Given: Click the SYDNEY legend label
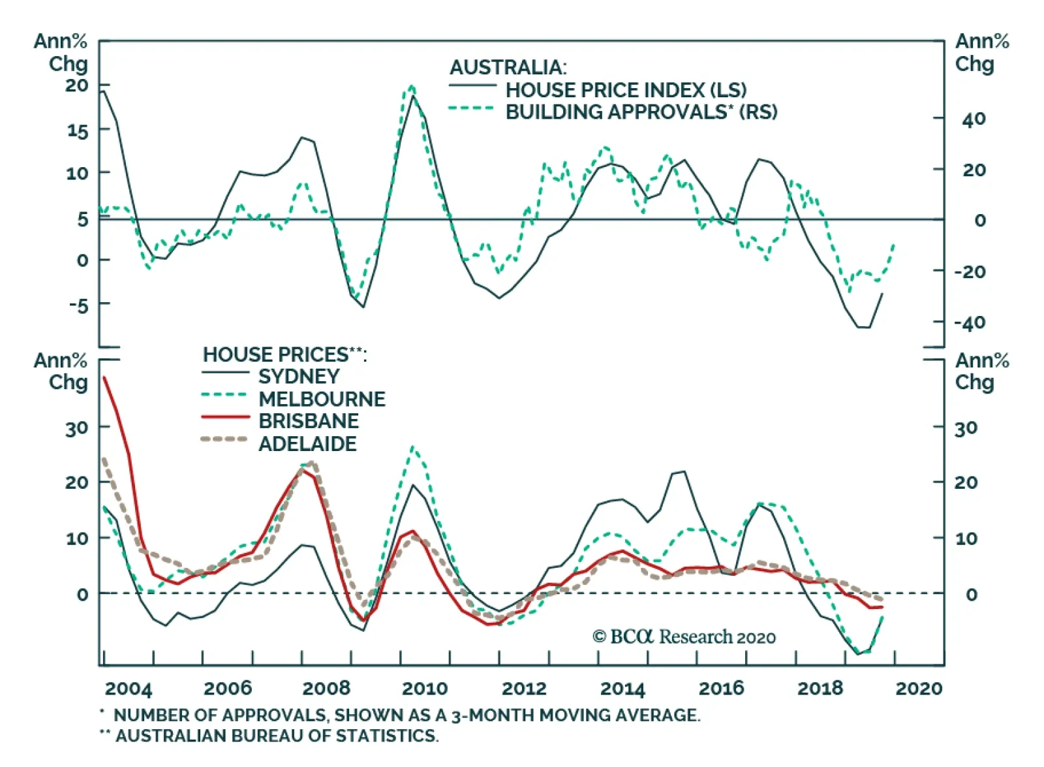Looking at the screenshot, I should [299, 377].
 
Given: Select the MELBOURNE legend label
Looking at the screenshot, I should [322, 399].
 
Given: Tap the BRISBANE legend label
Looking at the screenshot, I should [309, 421].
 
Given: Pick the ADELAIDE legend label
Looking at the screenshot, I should [307, 444].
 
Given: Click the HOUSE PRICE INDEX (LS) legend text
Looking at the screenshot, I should [626, 90].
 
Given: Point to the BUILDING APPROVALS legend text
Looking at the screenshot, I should [641, 112].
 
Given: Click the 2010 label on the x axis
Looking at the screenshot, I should [425, 688].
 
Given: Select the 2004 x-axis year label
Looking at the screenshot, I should [129, 688].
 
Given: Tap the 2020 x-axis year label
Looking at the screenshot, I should [919, 688].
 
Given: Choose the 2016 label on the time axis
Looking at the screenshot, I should [721, 688].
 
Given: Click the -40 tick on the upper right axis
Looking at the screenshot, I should [970, 322].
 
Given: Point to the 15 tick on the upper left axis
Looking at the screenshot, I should [77, 131].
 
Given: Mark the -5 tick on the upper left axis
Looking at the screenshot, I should [78, 305].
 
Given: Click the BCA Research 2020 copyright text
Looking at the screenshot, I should [684, 636].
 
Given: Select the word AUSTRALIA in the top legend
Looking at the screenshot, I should [508, 67].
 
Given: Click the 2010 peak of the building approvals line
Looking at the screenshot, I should [411, 86].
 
